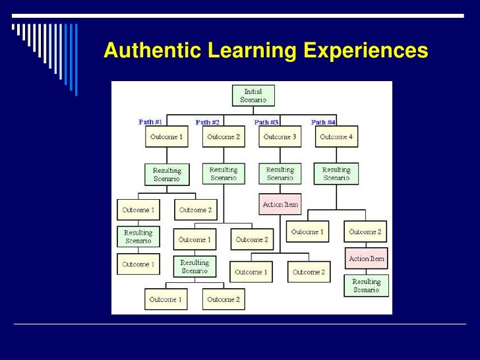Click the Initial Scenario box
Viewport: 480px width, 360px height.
(253, 96)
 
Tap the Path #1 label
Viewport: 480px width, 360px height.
(150, 122)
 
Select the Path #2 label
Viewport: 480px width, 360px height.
(208, 122)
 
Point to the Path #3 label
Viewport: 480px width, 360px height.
(266, 122)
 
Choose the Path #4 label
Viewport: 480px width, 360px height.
(323, 122)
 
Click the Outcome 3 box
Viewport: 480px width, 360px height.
(280, 137)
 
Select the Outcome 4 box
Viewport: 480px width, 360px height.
(336, 137)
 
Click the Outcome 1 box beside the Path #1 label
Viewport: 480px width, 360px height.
(166, 137)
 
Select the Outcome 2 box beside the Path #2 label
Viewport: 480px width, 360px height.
(223, 137)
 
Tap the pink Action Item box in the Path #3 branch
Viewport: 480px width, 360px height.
(280, 204)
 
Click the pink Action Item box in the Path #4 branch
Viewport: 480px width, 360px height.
(366, 258)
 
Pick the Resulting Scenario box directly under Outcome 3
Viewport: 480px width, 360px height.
(280, 173)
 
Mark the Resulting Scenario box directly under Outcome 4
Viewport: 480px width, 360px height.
(336, 173)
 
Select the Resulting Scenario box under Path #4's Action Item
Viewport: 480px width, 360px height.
(366, 285)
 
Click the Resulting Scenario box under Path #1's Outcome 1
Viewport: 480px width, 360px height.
(166, 174)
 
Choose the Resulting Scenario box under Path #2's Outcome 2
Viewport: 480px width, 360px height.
(223, 173)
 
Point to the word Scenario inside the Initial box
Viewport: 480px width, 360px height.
(253, 100)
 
